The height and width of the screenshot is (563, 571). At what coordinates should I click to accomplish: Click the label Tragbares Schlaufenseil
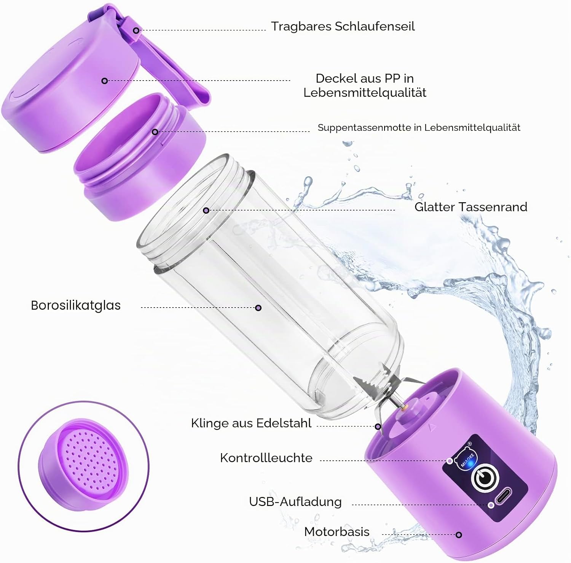point(343,26)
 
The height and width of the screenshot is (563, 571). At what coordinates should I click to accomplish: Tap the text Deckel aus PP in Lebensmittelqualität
point(365,85)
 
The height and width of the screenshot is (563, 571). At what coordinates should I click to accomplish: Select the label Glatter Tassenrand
point(471,207)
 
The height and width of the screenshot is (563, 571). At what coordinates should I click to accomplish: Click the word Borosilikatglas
point(76,305)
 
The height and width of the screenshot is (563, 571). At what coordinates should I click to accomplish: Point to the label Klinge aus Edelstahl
point(251,423)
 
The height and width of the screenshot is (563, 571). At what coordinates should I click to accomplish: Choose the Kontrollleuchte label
point(266,458)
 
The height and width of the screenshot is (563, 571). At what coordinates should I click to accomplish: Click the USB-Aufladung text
point(295,501)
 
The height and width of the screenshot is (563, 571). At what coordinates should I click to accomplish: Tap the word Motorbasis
point(337,531)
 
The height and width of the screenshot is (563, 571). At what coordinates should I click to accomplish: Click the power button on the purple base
point(485,478)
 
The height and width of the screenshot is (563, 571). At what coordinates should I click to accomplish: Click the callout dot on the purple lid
point(104,81)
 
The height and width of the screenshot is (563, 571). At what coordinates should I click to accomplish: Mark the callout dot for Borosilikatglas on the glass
point(258,308)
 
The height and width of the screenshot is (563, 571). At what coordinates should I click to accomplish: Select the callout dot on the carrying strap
point(136,30)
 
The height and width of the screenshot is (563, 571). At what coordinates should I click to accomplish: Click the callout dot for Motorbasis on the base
point(459,535)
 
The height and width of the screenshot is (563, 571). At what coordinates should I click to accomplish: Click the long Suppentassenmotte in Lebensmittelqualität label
point(419,128)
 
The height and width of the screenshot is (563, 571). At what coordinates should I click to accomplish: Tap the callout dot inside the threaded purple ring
point(155,132)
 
